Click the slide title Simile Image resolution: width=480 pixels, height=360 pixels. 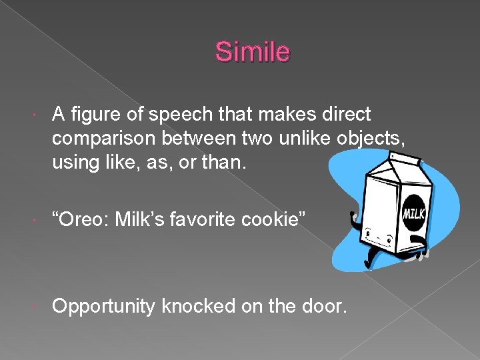pyautogui.click(x=253, y=52)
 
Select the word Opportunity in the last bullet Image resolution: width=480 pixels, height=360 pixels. pyautogui.click(x=105, y=306)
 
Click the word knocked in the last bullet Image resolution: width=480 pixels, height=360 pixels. pyautogui.click(x=198, y=306)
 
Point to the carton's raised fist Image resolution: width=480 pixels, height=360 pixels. pyautogui.click(x=356, y=217)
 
